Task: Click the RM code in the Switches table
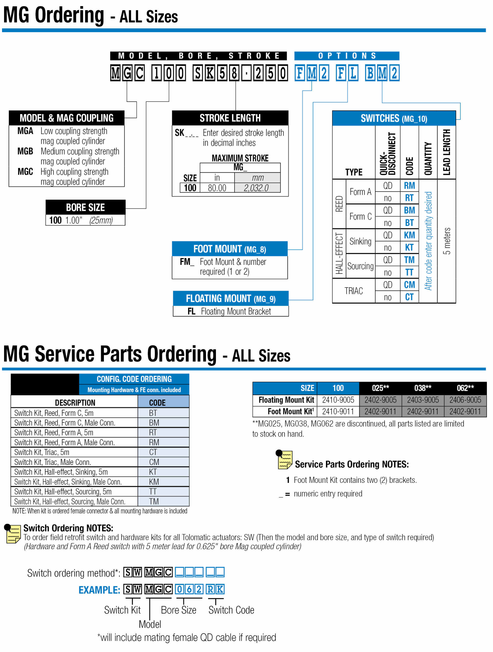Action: pos(409,185)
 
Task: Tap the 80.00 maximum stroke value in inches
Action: pos(217,188)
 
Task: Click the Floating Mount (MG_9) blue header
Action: pos(230,298)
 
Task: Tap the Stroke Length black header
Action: pos(230,118)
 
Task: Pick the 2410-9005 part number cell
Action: pos(338,400)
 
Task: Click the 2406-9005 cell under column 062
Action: pos(465,400)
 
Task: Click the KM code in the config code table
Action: pos(154,482)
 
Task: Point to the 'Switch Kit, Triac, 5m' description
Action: pos(42,452)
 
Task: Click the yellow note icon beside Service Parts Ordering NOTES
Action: pos(284,459)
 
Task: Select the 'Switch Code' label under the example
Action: pos(231,610)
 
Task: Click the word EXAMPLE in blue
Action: pos(99,590)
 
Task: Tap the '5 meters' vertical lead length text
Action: pos(447,241)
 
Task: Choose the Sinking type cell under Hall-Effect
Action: pos(360,241)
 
